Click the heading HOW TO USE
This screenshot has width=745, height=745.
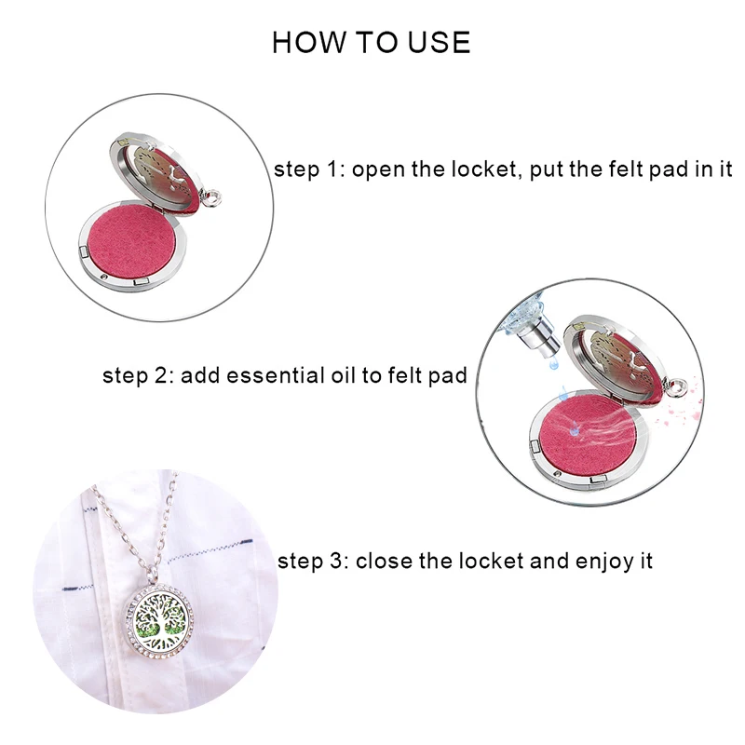pos(371,42)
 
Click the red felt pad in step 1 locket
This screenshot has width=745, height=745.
pos(131,243)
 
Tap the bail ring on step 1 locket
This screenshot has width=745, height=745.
pos(211,197)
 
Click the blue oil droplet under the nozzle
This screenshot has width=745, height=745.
pos(553,364)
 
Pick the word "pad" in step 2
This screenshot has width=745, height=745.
pos(447,377)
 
